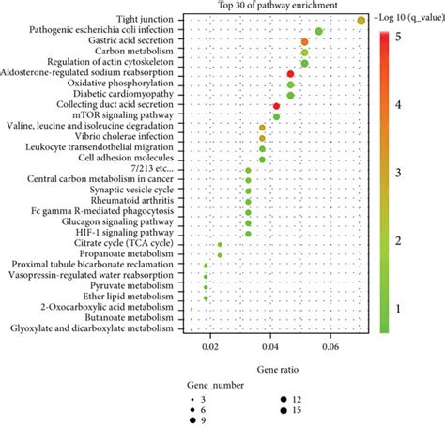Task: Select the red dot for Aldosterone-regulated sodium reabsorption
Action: click(x=290, y=73)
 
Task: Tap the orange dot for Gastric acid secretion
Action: click(x=304, y=42)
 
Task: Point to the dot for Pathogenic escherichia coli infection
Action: click(x=319, y=32)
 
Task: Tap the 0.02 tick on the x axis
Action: click(x=210, y=345)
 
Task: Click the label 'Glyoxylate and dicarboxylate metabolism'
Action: click(x=91, y=328)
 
